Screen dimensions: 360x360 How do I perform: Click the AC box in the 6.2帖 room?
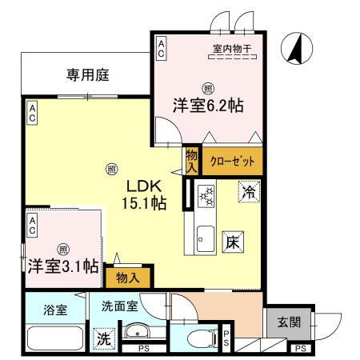(x=162, y=47)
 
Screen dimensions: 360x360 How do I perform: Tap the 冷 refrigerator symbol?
(x=249, y=192)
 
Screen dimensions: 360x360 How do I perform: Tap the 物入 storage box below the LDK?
(x=126, y=278)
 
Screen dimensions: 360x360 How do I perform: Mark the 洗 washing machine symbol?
(x=104, y=338)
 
